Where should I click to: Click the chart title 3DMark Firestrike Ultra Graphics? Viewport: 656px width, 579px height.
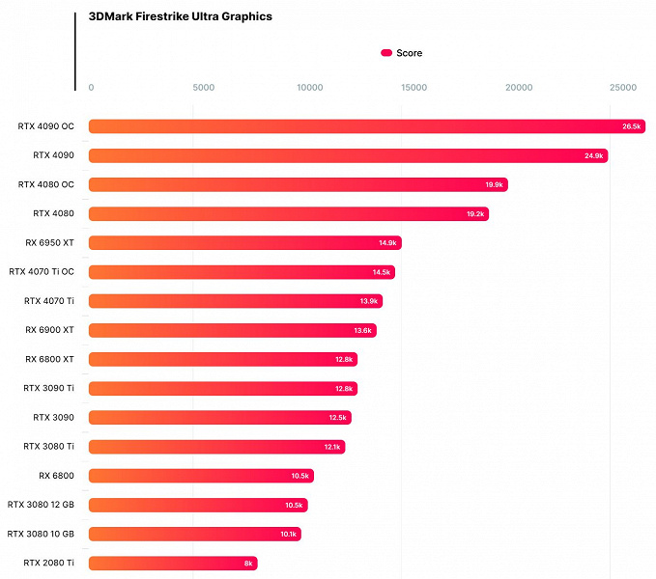(180, 16)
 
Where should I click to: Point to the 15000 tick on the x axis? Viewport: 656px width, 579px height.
(414, 88)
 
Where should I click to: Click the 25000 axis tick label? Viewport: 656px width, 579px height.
(623, 88)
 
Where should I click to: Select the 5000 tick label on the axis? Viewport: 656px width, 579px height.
(203, 88)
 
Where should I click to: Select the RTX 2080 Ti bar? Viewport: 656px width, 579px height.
(173, 563)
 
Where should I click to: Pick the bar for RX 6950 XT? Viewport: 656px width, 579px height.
(244, 242)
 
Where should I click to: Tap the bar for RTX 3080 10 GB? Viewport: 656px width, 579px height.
(194, 534)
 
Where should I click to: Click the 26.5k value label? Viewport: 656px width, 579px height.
(632, 126)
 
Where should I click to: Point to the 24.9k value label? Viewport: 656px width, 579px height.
(593, 155)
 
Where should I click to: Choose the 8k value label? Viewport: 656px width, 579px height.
(248, 563)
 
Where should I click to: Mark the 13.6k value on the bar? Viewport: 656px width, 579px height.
(362, 330)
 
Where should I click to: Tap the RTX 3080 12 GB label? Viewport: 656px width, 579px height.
(47, 505)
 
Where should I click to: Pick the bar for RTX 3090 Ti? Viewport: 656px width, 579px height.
(222, 388)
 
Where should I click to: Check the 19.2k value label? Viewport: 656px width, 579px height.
(475, 213)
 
